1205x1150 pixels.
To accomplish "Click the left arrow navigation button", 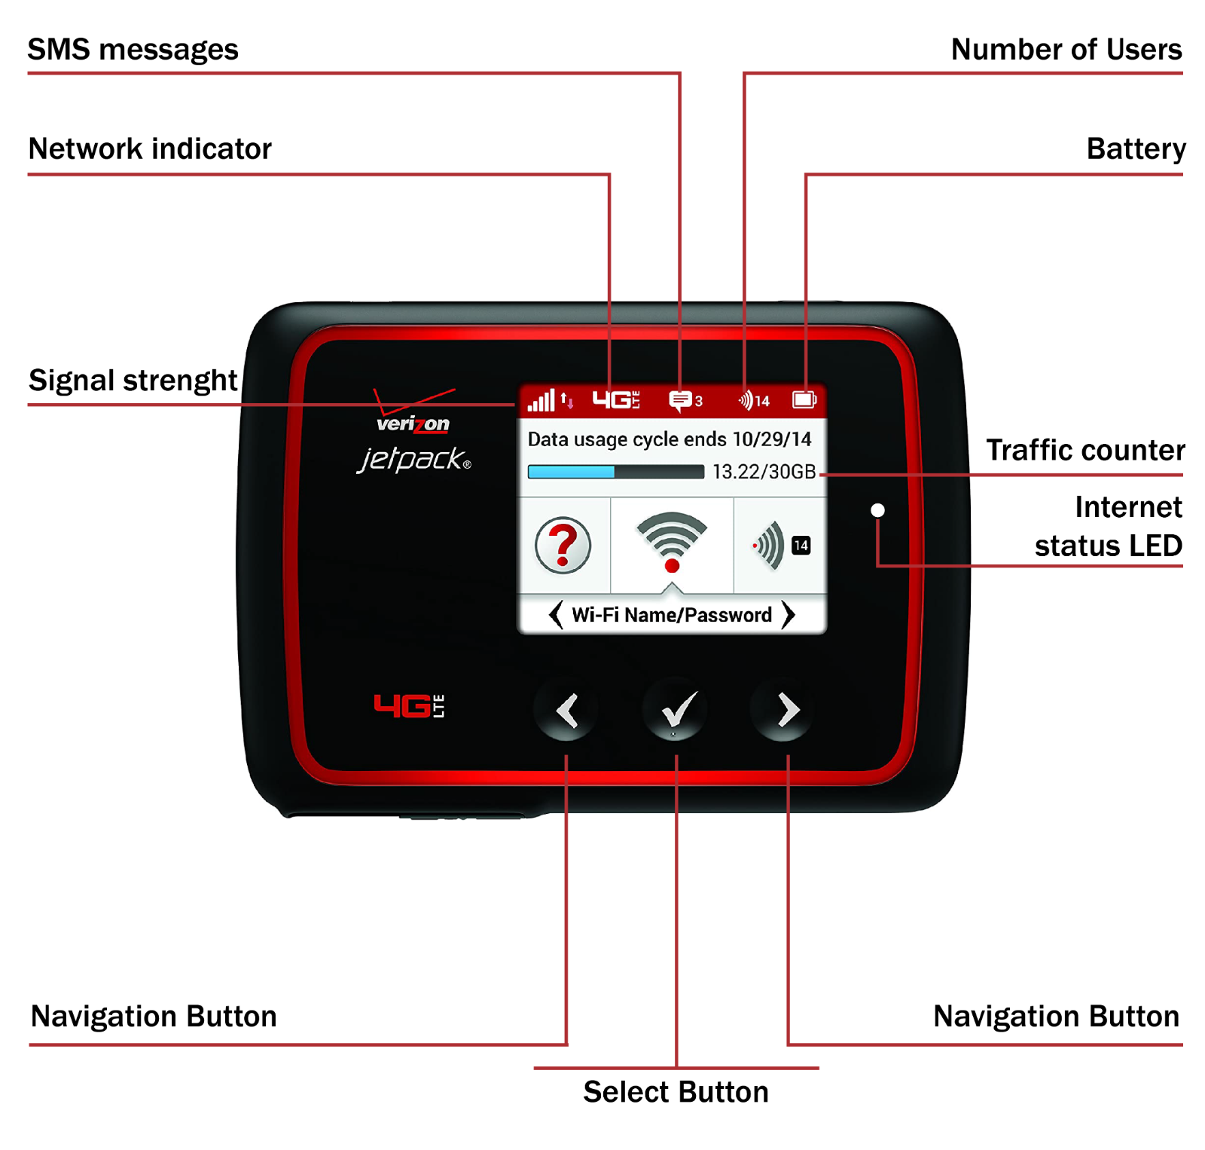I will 566,710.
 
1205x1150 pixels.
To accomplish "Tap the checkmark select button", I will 676,710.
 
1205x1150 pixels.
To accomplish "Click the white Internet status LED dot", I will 877,510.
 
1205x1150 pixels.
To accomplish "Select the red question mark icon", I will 563,546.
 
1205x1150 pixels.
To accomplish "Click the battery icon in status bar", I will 804,400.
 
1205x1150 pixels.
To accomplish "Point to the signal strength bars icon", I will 541,401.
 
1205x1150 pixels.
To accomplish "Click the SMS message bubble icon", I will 680,400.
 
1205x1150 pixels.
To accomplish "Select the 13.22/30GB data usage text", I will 764,472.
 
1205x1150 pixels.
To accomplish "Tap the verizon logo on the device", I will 413,423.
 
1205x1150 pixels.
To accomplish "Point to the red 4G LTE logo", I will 409,706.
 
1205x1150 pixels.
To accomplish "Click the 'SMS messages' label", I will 133,50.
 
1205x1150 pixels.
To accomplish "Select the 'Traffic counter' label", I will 1084,450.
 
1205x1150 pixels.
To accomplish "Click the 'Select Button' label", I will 676,1092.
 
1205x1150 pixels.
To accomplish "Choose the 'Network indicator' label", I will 150,148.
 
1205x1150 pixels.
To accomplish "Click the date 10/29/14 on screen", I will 772,439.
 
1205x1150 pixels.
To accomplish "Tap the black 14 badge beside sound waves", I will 801,546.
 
